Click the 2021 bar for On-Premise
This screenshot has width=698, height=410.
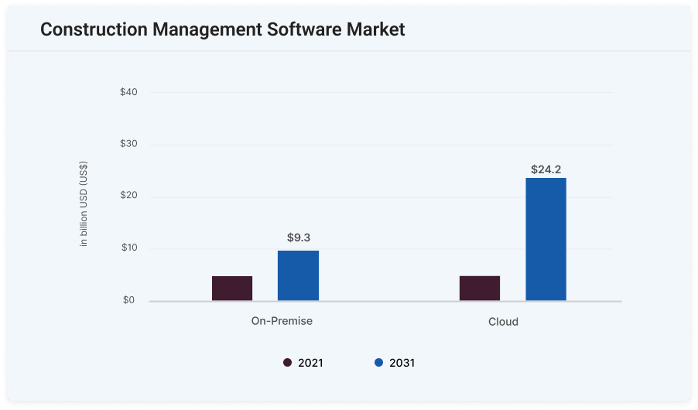232,288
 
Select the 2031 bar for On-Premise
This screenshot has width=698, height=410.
298,275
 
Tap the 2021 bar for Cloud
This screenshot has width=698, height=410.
480,288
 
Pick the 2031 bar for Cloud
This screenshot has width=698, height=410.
546,239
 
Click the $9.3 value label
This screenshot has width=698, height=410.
298,237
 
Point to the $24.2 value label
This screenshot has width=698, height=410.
546,169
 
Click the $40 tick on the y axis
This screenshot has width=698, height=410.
128,92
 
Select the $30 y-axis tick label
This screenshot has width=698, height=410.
128,144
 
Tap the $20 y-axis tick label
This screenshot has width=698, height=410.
128,196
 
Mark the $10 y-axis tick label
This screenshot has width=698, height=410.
128,248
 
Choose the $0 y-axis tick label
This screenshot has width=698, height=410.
128,300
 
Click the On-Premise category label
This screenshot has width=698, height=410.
282,320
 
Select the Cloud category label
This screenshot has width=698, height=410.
503,321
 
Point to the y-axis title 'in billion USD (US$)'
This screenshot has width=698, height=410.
84,203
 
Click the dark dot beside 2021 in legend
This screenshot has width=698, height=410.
287,362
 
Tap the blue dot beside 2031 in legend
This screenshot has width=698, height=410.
378,362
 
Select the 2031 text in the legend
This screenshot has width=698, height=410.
402,362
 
